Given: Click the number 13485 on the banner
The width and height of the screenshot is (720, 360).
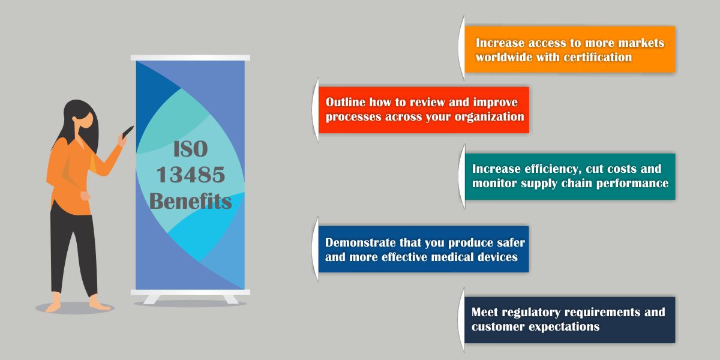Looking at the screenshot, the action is tap(191, 175).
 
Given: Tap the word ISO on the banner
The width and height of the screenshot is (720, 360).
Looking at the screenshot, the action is tap(191, 149).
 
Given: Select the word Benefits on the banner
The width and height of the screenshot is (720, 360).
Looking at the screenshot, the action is tap(190, 201).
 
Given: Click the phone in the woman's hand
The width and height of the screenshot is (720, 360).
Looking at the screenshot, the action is tap(128, 132).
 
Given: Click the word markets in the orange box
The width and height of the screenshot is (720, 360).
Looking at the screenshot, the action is tap(641, 43).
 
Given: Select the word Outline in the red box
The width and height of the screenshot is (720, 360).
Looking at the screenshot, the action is tap(346, 102).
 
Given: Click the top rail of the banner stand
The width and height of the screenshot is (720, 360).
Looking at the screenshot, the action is tap(190, 58).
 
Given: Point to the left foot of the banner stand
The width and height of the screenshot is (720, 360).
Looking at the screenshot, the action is tap(151, 299).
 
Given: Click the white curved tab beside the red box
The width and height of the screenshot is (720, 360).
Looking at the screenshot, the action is tap(316, 110).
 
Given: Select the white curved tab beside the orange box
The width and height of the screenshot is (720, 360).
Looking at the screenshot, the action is tap(461, 47).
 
